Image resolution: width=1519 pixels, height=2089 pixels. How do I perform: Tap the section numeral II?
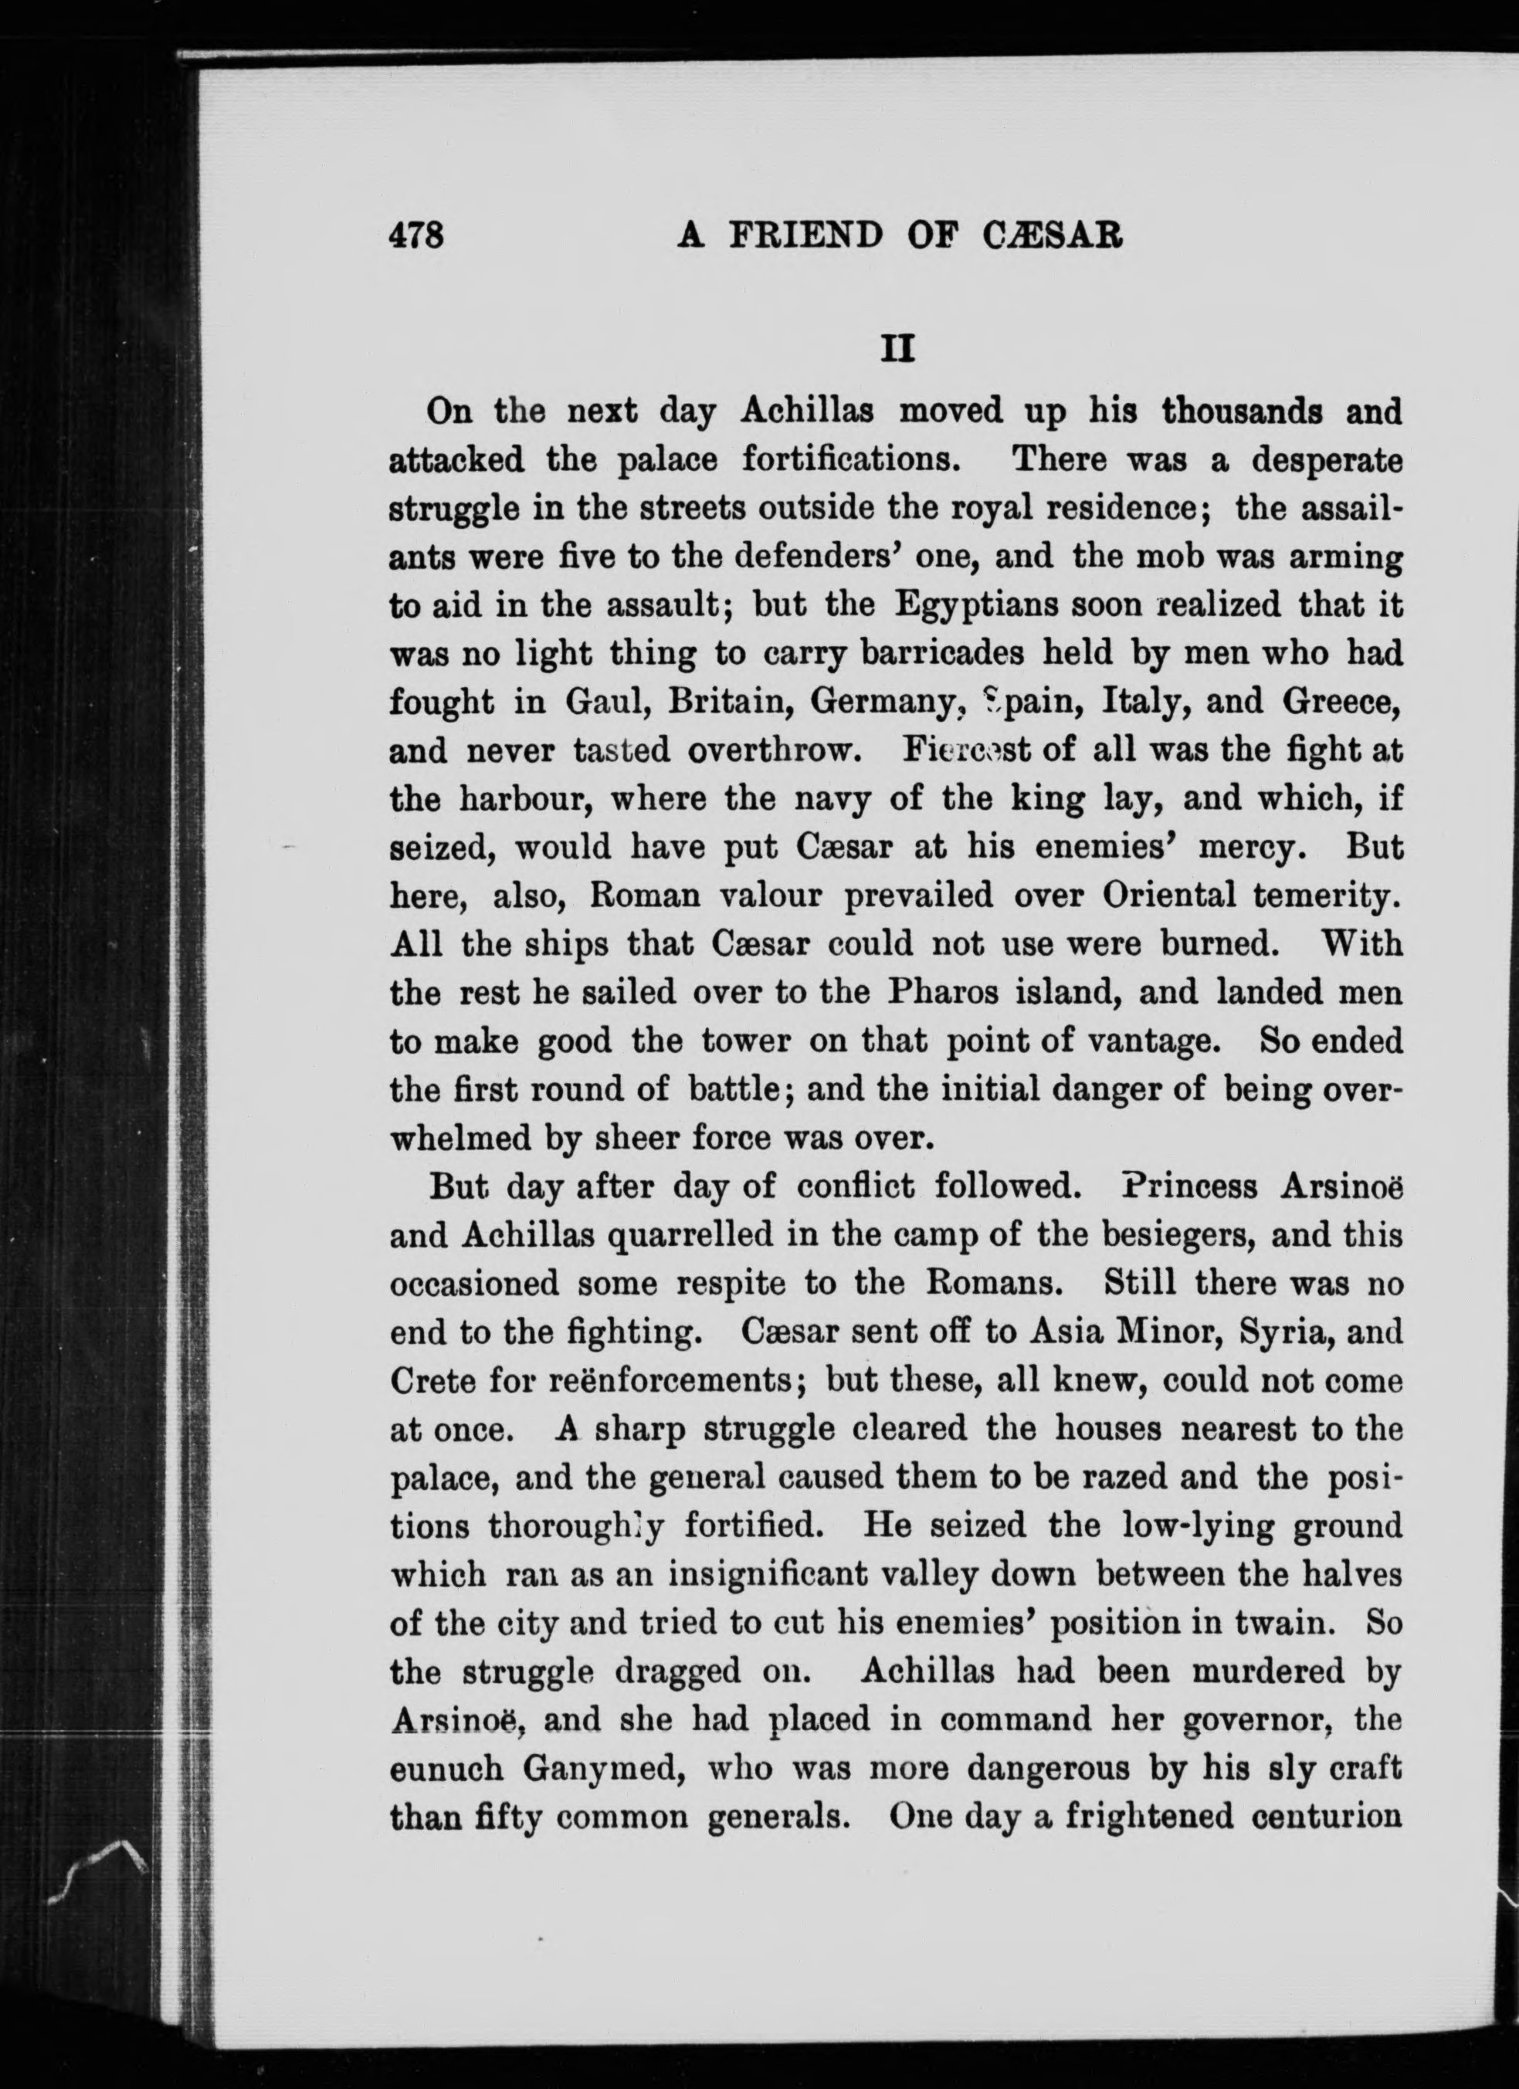[897, 349]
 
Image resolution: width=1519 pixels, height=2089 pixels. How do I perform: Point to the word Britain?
[726, 702]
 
